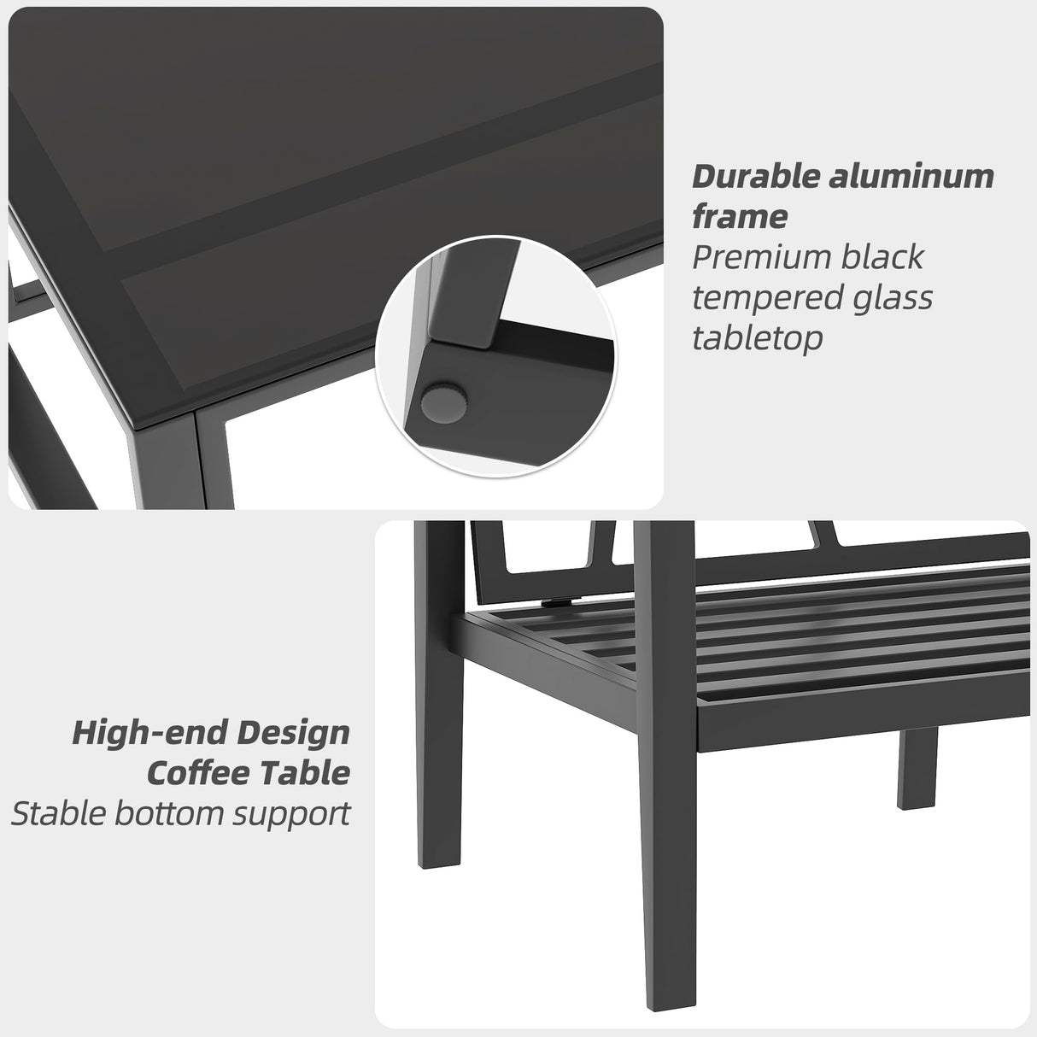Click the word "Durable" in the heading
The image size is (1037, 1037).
747,177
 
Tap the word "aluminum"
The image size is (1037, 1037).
905,177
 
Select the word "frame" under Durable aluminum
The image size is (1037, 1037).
739,217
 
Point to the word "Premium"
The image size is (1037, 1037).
747,258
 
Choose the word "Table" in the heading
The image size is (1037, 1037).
302,773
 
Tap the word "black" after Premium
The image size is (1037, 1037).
881,258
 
